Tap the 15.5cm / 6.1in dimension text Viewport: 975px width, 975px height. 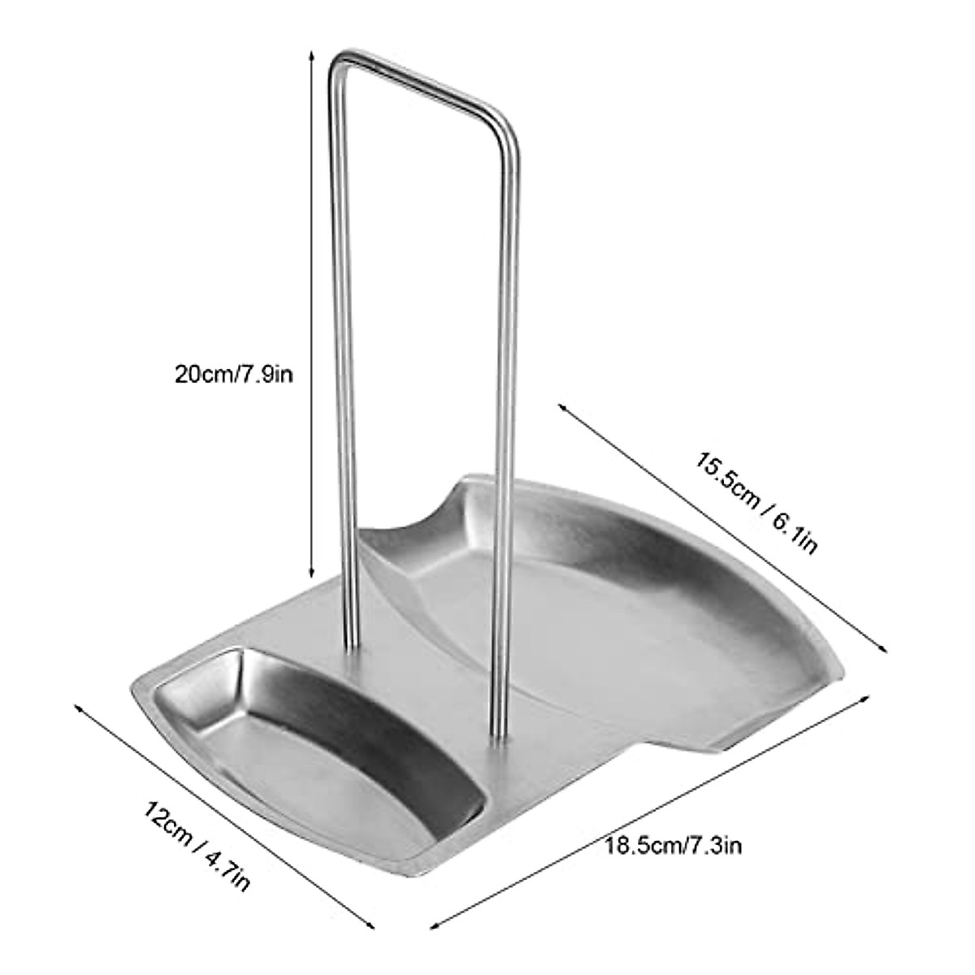tap(755, 501)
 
